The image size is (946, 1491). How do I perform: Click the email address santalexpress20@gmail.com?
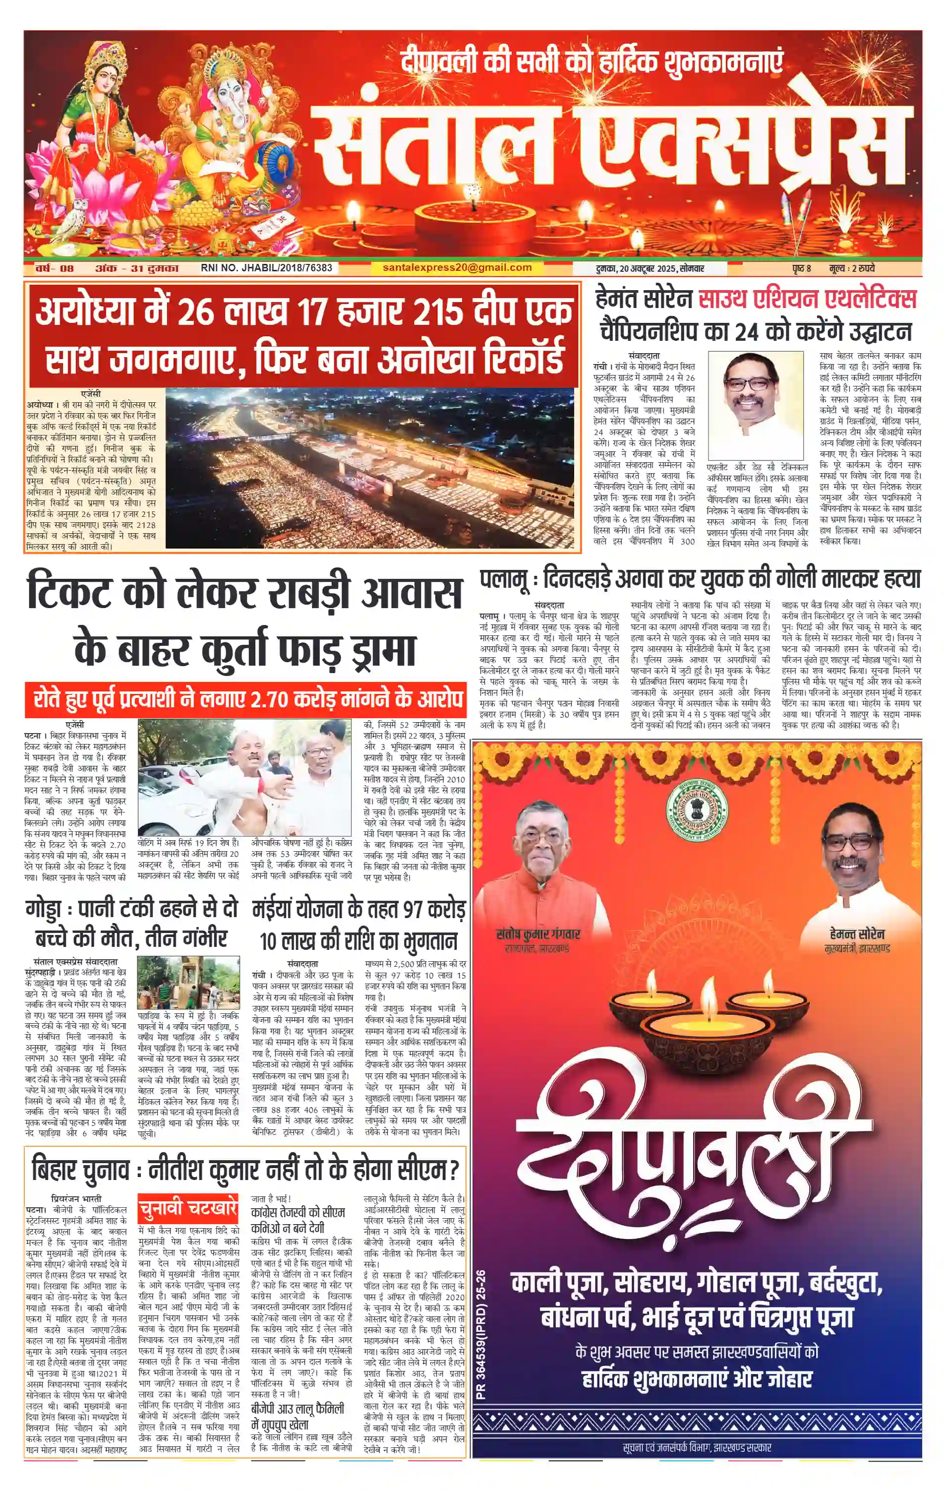tap(457, 267)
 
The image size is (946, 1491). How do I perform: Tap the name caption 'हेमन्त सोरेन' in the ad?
tap(857, 933)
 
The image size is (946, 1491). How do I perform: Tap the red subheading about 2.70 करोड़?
tap(244, 699)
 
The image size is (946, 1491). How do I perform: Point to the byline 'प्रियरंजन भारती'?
tap(76, 1199)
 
